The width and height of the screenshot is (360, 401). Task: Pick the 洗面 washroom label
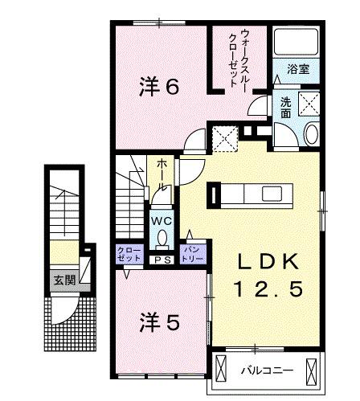[286, 107]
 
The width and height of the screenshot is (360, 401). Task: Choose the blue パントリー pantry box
[193, 254]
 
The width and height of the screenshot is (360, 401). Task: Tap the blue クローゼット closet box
[129, 254]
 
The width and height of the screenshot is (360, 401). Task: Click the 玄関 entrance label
[61, 280]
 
